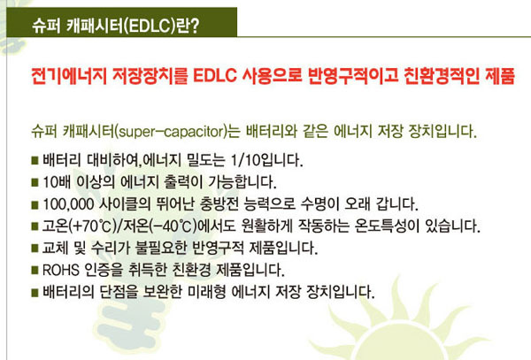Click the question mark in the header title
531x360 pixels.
[194, 26]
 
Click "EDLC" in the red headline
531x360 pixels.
[215, 76]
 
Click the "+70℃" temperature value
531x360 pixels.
[91, 226]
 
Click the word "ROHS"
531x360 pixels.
[61, 271]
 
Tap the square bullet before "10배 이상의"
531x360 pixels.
[35, 182]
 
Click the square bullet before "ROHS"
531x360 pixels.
[35, 271]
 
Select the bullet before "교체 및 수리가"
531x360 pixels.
[35, 249]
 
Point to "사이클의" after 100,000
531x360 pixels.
[124, 204]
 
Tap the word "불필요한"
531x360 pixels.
[161, 248]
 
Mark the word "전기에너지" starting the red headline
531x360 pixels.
[69, 76]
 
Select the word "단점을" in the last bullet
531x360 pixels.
[119, 292]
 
